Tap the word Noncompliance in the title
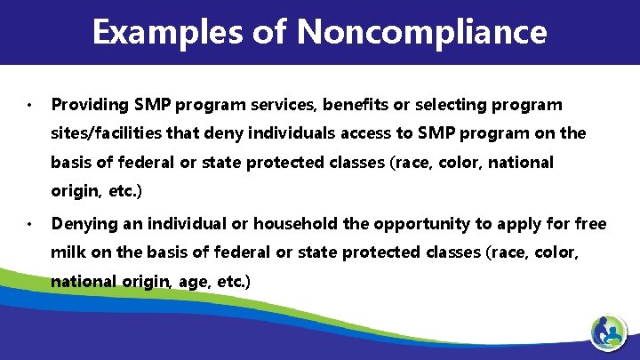coord(422,32)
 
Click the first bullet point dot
coord(29,105)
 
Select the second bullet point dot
coord(29,223)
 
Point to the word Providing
coord(86,105)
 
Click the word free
coord(589,223)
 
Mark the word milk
coord(68,252)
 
